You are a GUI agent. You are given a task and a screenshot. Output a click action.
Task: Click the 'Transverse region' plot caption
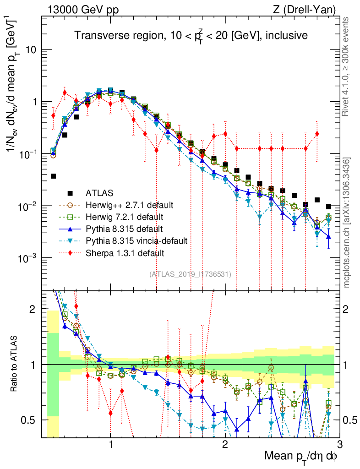(191, 35)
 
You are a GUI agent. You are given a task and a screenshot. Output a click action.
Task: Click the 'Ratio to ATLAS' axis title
(15, 364)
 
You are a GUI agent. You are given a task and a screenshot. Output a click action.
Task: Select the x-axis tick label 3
(339, 445)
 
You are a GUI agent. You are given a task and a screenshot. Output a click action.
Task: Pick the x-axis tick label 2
(225, 445)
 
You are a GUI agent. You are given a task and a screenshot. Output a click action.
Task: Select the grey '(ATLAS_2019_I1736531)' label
(190, 274)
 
